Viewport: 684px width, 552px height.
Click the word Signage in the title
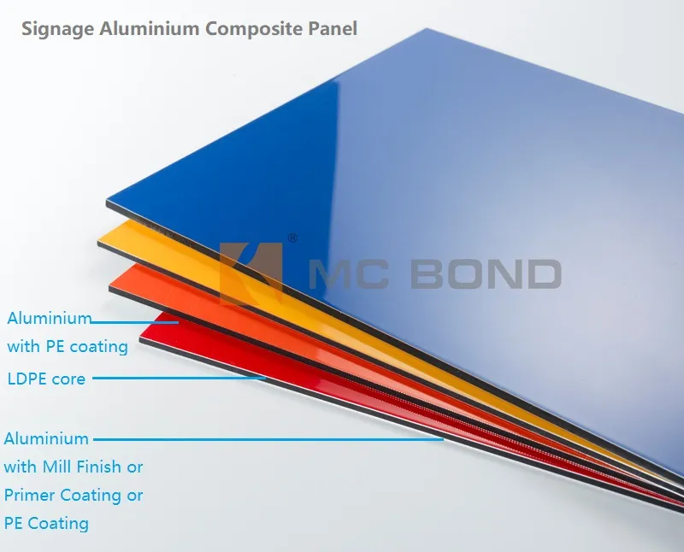pos(57,29)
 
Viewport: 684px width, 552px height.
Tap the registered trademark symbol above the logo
pos(292,238)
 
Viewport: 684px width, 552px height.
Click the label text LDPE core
pos(46,378)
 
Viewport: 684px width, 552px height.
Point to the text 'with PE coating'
pos(68,346)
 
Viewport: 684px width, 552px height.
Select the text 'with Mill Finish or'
pos(74,467)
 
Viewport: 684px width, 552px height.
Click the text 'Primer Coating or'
pos(74,495)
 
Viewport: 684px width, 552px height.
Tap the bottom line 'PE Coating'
pos(46,523)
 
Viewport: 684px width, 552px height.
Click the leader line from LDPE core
pos(180,377)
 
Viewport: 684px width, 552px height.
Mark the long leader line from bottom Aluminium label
pos(265,439)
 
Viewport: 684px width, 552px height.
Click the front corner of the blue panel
pos(108,203)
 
